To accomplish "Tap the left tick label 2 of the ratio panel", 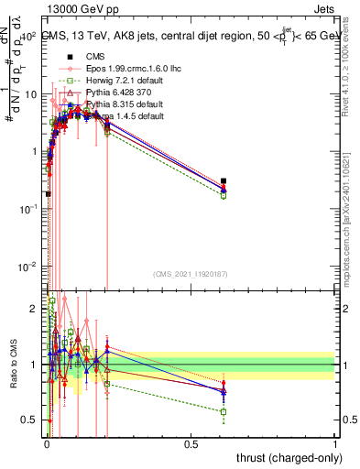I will pyautogui.click(x=33, y=309).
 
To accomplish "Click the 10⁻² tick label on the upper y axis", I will pyautogui.click(x=27, y=267).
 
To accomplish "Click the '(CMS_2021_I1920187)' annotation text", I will pyautogui.click(x=191, y=275).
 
